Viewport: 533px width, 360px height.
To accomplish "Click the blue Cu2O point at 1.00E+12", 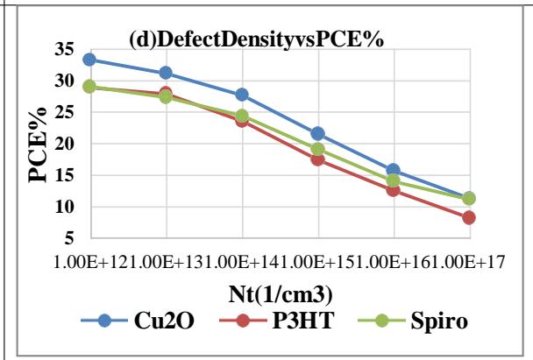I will click(89, 60).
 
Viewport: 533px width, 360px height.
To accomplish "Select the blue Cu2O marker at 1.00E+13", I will click(166, 73).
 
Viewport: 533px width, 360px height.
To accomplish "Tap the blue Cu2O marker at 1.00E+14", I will click(242, 95).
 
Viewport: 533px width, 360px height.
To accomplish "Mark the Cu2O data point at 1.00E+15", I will click(317, 133).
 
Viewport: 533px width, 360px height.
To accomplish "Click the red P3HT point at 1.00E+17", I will click(469, 217).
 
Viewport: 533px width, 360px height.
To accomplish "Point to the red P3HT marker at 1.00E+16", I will click(393, 189).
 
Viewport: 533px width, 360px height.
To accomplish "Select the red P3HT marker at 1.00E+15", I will click(317, 159).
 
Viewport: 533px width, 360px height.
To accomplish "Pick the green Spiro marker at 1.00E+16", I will click(393, 180).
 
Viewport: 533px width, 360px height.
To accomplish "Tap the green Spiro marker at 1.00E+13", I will click(166, 96).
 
